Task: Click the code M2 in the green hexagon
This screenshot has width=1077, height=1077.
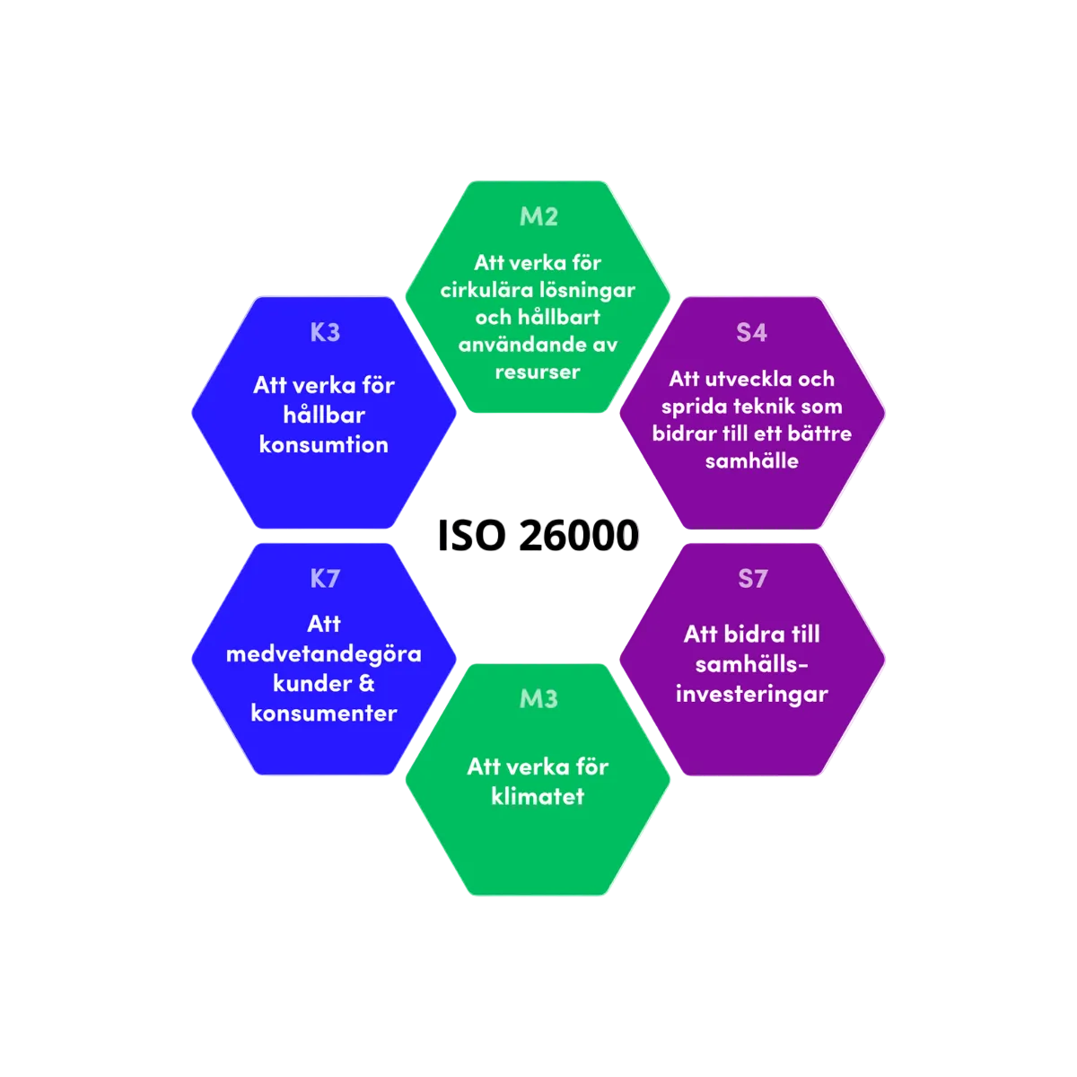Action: [538, 216]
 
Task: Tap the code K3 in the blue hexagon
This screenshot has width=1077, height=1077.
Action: [325, 332]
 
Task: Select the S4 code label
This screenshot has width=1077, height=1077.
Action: [752, 332]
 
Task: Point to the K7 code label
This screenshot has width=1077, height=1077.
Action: [325, 579]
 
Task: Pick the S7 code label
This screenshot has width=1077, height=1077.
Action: [752, 579]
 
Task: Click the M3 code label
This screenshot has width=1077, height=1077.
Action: [538, 698]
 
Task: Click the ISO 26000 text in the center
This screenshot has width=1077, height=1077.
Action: [538, 536]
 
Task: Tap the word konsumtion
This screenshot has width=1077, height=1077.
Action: [324, 444]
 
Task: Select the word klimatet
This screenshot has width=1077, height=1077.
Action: [538, 796]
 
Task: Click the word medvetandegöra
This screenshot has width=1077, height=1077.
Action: [324, 653]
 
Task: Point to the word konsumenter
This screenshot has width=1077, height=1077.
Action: [324, 713]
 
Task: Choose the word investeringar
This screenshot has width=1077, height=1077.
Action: [752, 694]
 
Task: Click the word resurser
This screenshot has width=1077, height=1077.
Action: [538, 372]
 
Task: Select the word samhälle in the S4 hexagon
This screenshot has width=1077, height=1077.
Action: [752, 461]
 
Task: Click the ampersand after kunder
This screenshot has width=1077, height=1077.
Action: [366, 683]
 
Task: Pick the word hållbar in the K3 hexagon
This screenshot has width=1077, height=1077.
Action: [324, 415]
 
